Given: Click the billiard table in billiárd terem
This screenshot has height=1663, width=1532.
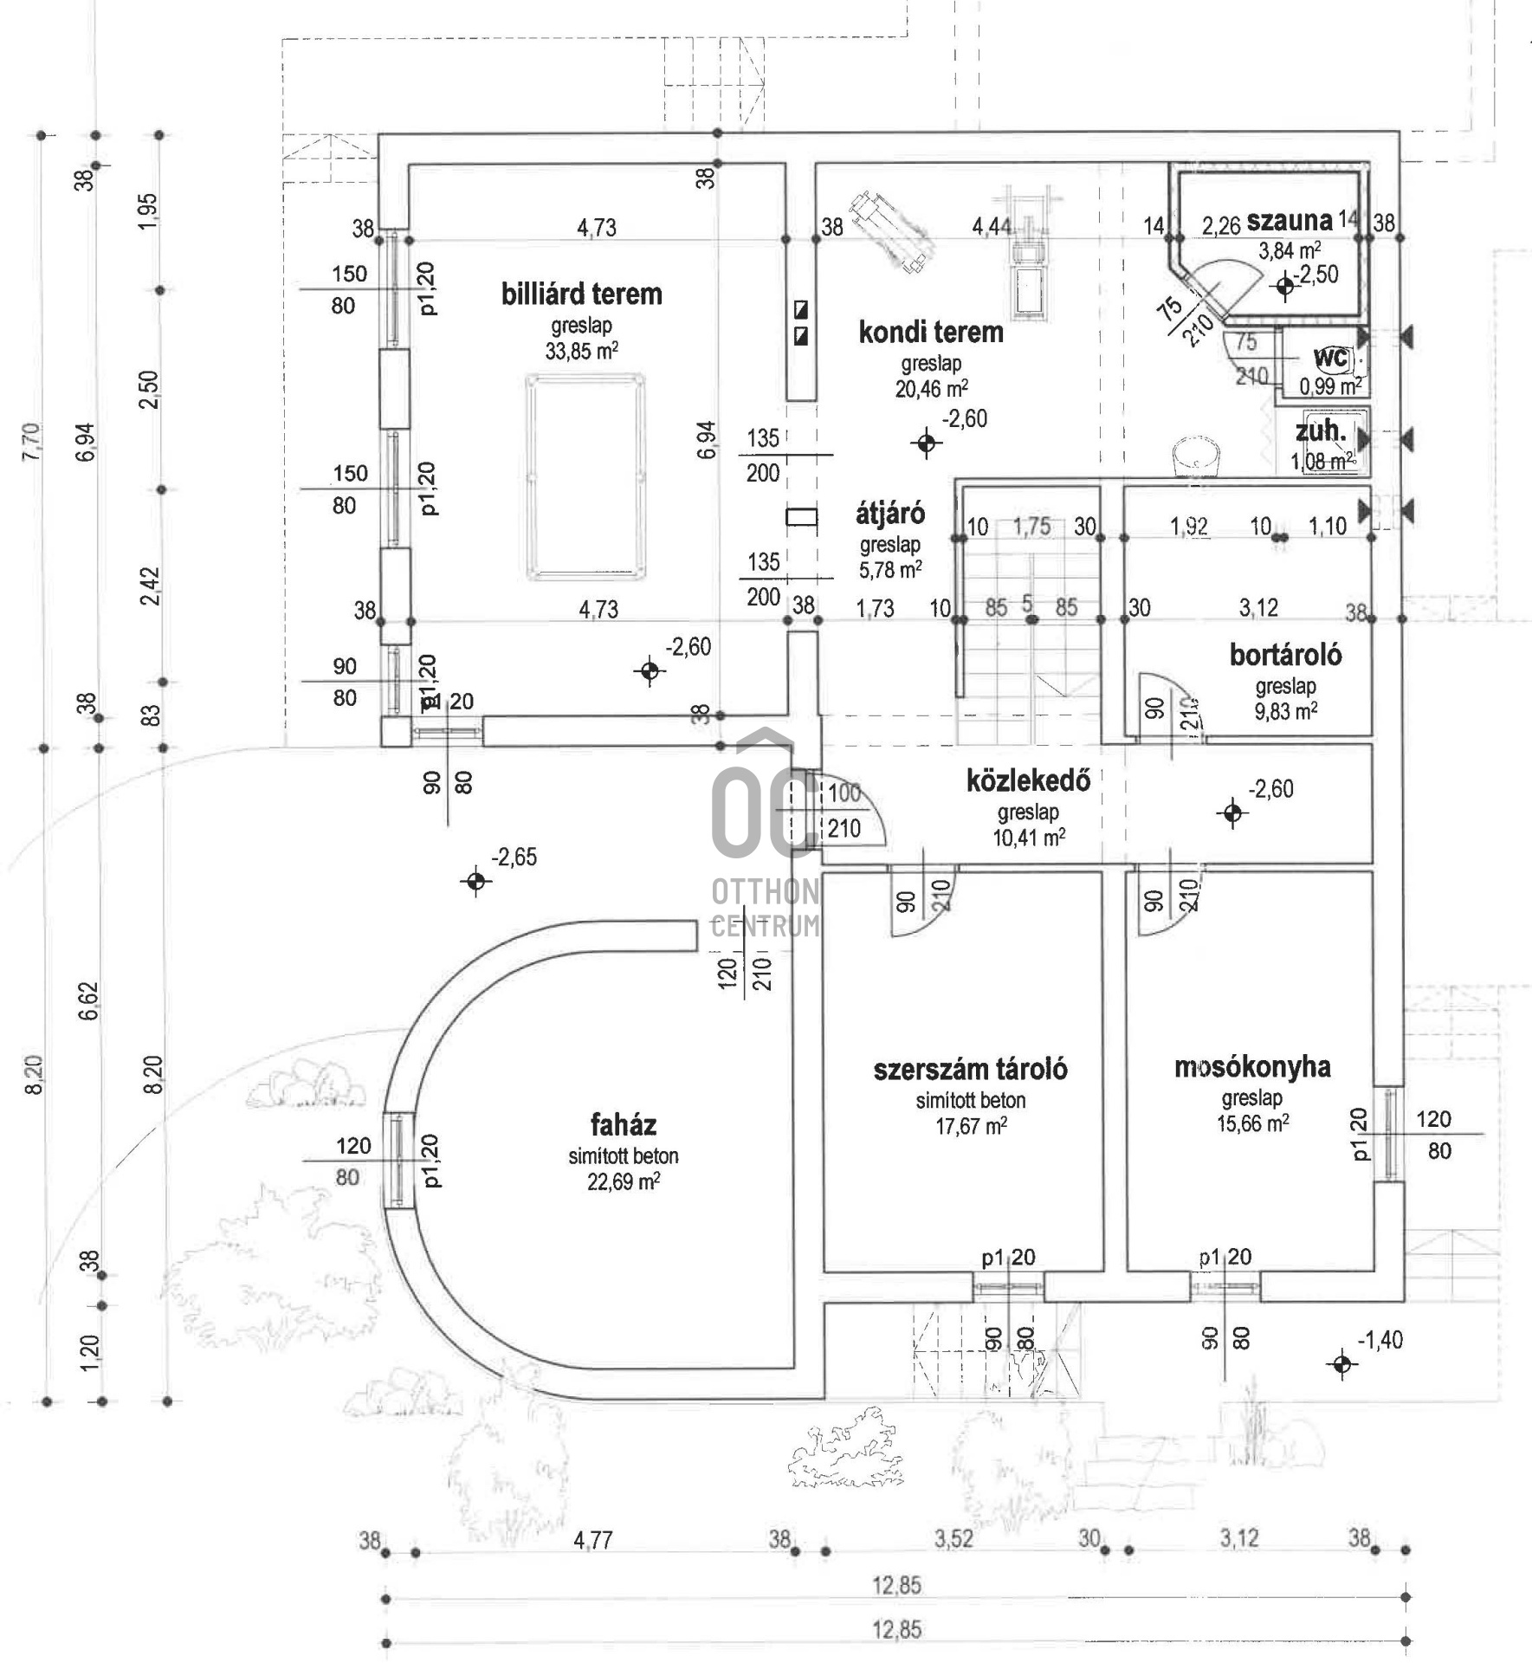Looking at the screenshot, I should coord(586,477).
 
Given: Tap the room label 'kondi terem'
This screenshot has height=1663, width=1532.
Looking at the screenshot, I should coord(931,332).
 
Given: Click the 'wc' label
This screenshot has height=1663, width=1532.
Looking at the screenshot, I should coord(1330,358).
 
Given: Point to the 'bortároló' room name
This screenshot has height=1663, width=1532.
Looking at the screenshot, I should coord(1285,655).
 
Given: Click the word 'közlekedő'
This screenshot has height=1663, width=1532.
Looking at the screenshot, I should coord(1028,781).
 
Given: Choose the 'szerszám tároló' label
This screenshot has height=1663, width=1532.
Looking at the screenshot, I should coord(970,1069).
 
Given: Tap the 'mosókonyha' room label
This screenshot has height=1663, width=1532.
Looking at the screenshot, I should coord(1251,1066).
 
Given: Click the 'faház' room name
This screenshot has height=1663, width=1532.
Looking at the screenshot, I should coord(624,1124).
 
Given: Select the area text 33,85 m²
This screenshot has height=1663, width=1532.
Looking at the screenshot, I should coord(582,351).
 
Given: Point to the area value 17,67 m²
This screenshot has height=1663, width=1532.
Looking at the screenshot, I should coord(971,1126).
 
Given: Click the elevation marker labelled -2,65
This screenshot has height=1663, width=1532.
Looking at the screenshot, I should coord(475,881).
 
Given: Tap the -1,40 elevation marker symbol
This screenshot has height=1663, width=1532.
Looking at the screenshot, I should coord(1341,1364).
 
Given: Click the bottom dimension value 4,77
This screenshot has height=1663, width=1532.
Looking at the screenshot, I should coord(593,1540).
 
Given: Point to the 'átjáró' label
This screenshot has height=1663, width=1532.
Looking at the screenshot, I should coord(890,514).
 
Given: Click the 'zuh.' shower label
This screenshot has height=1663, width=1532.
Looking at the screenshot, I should coord(1321,431).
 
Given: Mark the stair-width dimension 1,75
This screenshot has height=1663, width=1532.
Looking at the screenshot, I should coord(1031,527).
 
